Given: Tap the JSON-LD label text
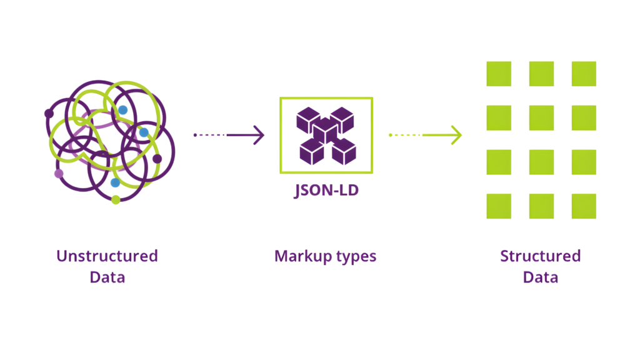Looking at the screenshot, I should click(326, 190).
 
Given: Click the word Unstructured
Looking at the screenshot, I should click(107, 256).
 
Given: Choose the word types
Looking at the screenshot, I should click(355, 257).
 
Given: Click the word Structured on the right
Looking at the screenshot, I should click(541, 256).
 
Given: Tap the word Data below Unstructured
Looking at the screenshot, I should click(107, 277).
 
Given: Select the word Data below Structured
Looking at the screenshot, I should click(541, 277).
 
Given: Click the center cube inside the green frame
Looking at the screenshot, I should click(325, 130).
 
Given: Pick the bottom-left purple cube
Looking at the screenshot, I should click(311, 152).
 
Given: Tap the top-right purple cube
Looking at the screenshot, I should click(342, 119).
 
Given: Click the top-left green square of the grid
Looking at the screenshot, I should click(499, 74).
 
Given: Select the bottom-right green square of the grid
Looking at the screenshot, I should click(584, 206).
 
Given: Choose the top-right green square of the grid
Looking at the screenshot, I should click(584, 74).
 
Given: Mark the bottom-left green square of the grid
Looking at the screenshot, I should click(499, 206).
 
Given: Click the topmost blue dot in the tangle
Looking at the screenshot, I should click(122, 110).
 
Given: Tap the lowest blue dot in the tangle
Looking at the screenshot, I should click(115, 182).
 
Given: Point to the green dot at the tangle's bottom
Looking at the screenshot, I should click(116, 200).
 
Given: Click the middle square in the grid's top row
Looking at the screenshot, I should click(542, 74).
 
